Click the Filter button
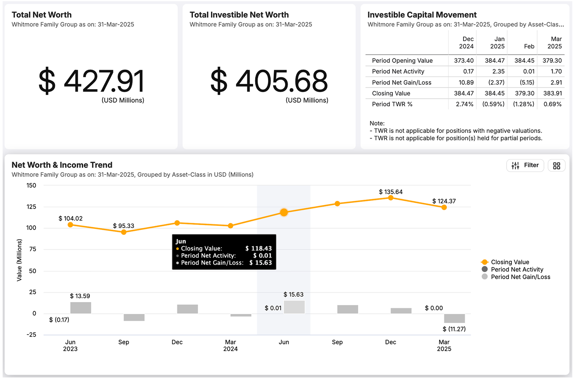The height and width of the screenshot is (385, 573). click(x=525, y=165)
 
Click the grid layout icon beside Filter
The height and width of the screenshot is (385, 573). click(x=556, y=166)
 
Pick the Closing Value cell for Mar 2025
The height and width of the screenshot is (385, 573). click(x=552, y=93)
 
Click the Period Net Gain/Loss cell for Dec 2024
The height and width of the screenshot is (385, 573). click(x=466, y=83)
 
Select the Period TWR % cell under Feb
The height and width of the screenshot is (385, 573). click(x=523, y=104)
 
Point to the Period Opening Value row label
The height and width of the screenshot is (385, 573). click(x=402, y=61)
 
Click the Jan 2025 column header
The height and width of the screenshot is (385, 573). click(x=497, y=43)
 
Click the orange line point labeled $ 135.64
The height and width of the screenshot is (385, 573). click(x=391, y=198)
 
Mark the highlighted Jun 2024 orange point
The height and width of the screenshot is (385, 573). click(x=284, y=212)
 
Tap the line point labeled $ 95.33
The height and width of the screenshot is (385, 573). click(x=124, y=232)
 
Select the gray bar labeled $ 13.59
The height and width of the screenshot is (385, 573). click(x=80, y=308)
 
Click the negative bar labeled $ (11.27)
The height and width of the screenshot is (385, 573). click(x=454, y=318)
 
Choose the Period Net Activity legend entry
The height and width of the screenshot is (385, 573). click(x=516, y=269)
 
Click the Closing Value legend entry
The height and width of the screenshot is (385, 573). click(x=509, y=262)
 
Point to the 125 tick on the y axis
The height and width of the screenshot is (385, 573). click(x=32, y=207)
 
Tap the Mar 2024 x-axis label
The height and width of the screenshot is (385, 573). click(x=230, y=345)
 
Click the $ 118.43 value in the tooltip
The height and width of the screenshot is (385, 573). click(x=258, y=249)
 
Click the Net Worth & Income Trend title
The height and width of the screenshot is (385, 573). click(x=62, y=165)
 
